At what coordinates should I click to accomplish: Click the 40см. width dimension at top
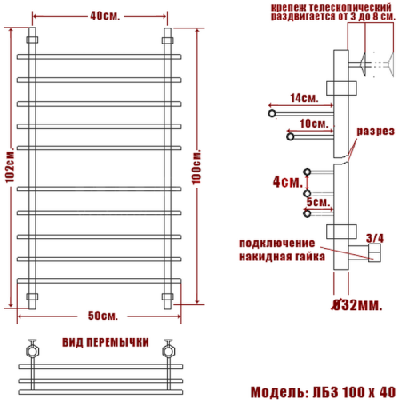100,16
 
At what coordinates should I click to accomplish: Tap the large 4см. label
285,182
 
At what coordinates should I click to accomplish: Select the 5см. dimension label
316,203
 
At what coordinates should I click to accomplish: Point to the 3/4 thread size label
374,237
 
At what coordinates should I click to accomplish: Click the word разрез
373,131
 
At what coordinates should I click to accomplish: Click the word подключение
276,244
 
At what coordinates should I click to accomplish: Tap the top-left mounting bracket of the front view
34,40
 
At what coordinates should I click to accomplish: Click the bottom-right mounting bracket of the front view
166,296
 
